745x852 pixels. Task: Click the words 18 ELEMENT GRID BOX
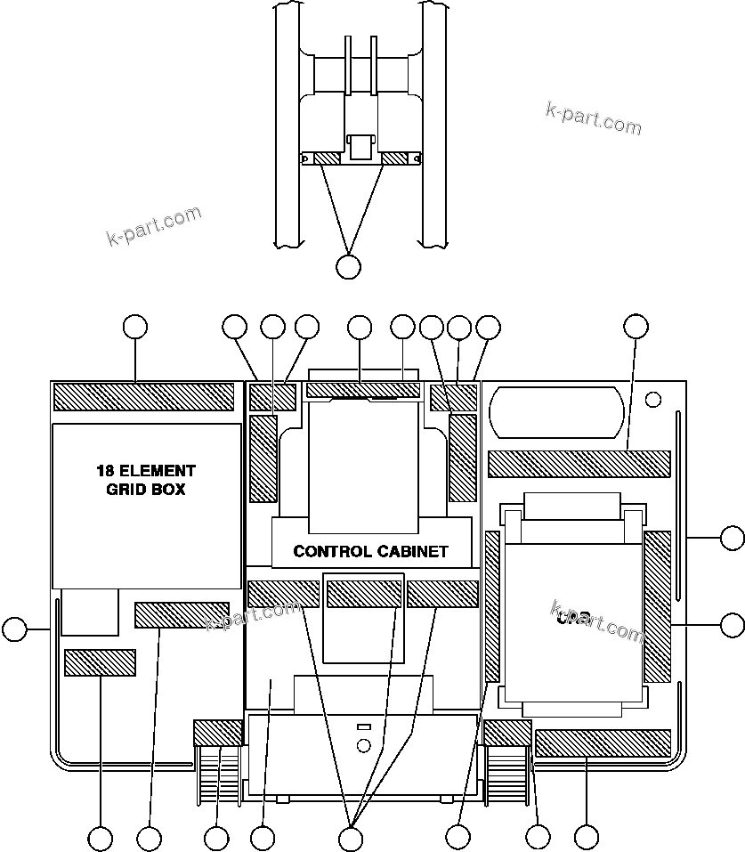146,479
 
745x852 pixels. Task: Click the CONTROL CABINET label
370,551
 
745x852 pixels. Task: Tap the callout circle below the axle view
349,265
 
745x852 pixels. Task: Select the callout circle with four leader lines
352,838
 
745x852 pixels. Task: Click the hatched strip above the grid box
143,396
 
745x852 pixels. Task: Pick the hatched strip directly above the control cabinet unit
362,390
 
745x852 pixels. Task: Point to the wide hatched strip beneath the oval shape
579,464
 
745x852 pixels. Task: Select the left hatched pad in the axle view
327,158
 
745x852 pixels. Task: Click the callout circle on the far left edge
14,629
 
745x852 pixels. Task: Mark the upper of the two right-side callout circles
732,538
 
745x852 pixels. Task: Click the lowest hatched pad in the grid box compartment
100,662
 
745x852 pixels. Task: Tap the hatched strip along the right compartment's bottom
603,742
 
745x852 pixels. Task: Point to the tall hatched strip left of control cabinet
264,458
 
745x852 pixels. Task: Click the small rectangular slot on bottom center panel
363,727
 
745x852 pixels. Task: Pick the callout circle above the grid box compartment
134,327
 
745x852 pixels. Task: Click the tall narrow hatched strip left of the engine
492,605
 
